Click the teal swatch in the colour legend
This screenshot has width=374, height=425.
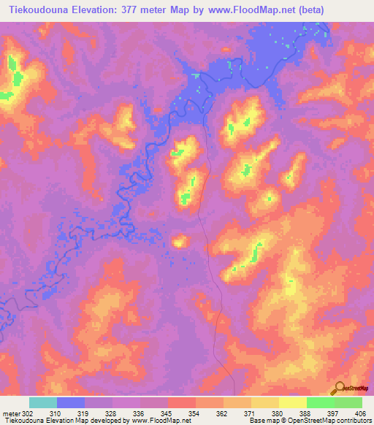43,402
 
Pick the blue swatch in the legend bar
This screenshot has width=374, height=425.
71,402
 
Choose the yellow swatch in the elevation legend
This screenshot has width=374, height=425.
293,402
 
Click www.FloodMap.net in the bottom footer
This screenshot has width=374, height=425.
156,421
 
